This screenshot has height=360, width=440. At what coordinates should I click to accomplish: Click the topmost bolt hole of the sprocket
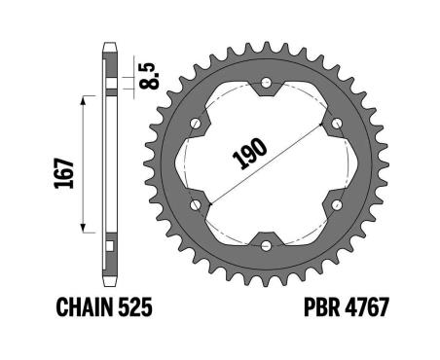coord(266,84)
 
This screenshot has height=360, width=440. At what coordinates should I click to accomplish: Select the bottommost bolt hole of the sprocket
coord(266,245)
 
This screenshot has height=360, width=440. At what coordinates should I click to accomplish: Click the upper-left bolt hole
coord(196,124)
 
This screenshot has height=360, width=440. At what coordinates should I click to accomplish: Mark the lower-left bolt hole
coord(196,204)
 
